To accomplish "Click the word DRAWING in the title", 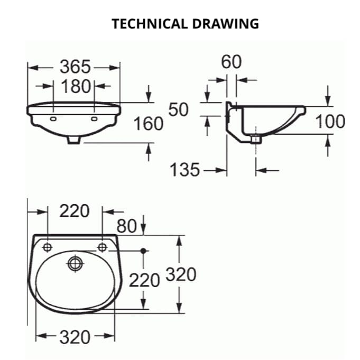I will coord(226,24).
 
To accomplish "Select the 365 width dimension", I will coord(75,67).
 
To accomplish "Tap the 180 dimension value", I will coord(75,86).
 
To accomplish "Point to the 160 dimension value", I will coord(148,124).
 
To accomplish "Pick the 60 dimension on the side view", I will coord(231,62).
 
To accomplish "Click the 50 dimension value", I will coord(179,109).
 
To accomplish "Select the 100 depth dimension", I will coord(330,122).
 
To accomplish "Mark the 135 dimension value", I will coord(185,170).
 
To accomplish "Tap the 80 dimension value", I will coord(127,226).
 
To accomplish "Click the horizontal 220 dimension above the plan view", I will coord(75,211).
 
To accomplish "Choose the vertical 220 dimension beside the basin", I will coord(144,280).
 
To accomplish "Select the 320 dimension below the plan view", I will coord(75,337).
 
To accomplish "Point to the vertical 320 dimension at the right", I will coord(181,274).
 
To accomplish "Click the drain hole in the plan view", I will coord(75,263).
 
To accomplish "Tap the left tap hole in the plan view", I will coord(48,247).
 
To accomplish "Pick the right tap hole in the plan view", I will coord(102,247).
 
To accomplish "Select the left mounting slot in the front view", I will coord(54,119).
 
